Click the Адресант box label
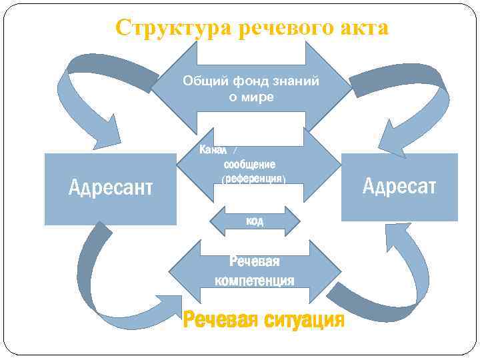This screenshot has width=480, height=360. [x=111, y=188]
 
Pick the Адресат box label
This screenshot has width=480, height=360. [x=399, y=186]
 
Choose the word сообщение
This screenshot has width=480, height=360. [x=250, y=164]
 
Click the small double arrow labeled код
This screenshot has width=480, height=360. [x=255, y=221]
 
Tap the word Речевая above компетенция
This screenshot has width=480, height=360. [x=254, y=261]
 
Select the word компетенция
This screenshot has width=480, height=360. [x=254, y=280]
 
